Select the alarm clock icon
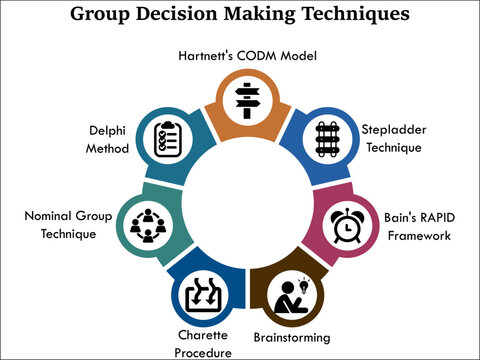tap(346, 227)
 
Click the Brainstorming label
tap(292, 337)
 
